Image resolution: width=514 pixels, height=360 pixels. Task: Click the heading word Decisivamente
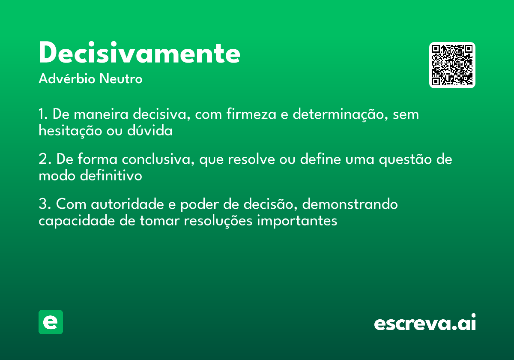(x=139, y=54)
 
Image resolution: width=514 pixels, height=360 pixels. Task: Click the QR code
(x=452, y=65)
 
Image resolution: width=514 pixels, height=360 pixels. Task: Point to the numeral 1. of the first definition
(x=43, y=114)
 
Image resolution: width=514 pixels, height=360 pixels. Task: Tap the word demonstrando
(x=350, y=204)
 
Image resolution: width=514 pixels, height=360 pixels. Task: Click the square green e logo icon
(x=51, y=322)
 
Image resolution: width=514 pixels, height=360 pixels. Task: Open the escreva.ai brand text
(x=425, y=323)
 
